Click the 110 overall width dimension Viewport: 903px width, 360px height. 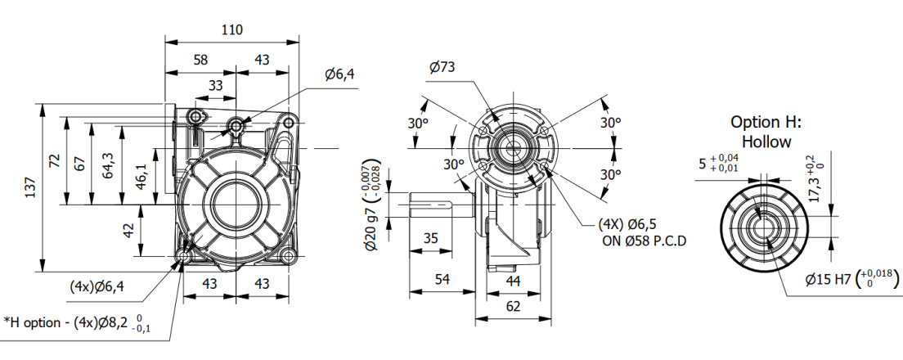click(231, 29)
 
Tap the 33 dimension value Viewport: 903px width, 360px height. click(215, 84)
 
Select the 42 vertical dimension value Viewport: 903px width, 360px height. click(128, 231)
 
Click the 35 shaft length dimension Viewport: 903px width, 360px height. click(431, 238)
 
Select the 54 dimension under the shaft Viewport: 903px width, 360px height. click(442, 280)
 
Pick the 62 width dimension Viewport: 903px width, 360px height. click(513, 308)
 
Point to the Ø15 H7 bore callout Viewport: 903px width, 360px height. click(849, 279)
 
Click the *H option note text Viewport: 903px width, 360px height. click(79, 323)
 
